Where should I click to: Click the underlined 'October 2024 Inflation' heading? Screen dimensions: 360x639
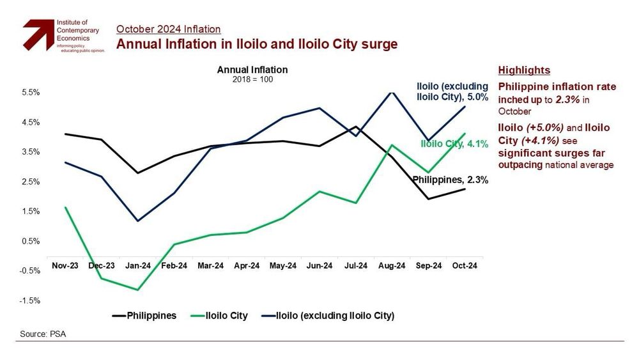coord(168,29)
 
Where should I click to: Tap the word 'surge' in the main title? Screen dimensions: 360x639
coord(381,44)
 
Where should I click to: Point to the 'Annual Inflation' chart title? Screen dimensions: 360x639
coord(252,70)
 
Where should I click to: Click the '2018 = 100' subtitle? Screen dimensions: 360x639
coord(252,79)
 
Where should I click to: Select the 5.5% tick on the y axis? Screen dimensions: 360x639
coord(31,92)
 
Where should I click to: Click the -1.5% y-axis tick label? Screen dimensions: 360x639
coord(31,301)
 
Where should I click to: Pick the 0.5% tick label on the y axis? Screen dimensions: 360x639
coord(31,241)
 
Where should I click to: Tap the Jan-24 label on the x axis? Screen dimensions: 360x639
coord(137,265)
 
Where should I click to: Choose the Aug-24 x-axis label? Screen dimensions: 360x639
coord(392,265)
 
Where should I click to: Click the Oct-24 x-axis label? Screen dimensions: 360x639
coord(465,265)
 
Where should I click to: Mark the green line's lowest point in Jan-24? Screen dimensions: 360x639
coord(137,290)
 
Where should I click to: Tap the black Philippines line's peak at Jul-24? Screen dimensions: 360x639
coord(355,127)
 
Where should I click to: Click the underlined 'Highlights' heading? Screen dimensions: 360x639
coord(524,70)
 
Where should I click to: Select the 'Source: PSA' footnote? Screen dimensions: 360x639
coord(43,334)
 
